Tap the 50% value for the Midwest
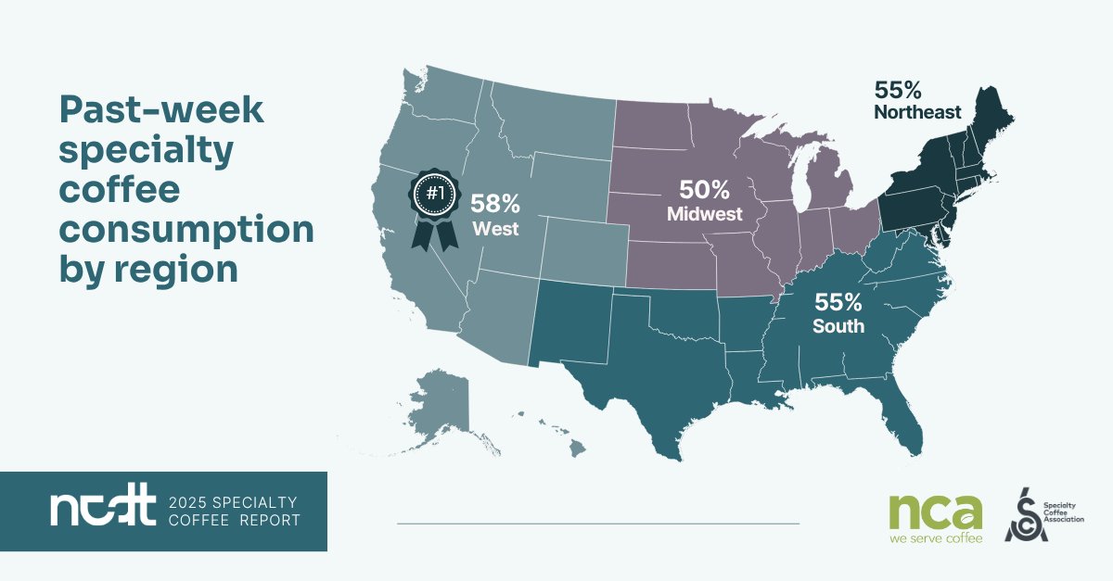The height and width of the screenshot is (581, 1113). pos(705,190)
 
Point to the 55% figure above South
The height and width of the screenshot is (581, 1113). pos(838,302)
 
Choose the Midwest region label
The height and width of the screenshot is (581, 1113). pos(706,214)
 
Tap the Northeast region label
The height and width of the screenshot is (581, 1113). pos(917,113)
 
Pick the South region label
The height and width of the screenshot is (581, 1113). pos(838,326)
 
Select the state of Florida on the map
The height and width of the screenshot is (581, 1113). pos(905,417)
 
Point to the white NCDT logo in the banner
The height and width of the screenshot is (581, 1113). pos(102,512)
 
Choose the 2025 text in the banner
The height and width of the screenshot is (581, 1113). pos(193,501)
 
